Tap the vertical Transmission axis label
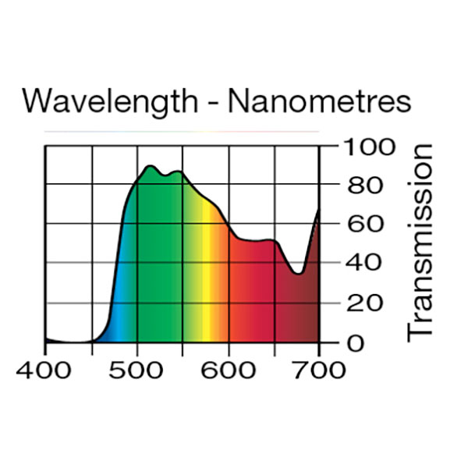[420, 242]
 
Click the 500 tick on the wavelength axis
[137, 369]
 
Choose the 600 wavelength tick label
[229, 369]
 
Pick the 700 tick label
[320, 369]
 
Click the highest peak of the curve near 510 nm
[149, 166]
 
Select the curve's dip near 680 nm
[299, 274]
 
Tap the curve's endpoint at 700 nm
[319, 210]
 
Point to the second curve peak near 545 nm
[179, 172]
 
